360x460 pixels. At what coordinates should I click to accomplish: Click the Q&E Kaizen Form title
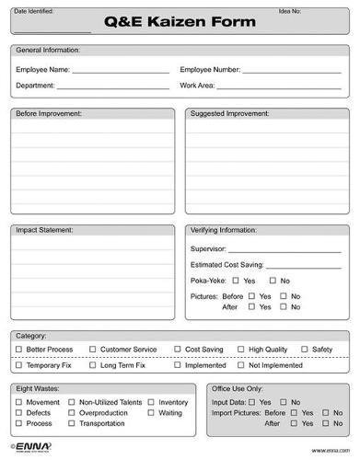point(181,25)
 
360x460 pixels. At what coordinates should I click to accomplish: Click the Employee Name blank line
point(121,71)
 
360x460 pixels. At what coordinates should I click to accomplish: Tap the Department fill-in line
point(114,86)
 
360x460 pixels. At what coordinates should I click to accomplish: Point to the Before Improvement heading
point(49,114)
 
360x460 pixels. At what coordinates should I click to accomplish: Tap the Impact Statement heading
point(44,230)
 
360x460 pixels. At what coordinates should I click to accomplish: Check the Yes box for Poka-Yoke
point(237,281)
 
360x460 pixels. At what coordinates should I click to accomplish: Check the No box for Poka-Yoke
point(272,281)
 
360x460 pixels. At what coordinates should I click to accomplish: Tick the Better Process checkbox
point(18,351)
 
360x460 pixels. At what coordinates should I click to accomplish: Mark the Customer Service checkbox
point(92,351)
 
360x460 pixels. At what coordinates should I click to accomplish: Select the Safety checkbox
point(304,351)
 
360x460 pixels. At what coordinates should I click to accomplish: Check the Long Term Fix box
point(92,365)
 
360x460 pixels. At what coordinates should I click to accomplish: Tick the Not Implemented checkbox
point(240,365)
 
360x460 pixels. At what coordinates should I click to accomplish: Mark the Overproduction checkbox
point(72,413)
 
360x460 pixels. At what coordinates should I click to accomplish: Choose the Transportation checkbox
point(72,424)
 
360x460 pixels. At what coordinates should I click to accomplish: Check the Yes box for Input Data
point(252,402)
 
